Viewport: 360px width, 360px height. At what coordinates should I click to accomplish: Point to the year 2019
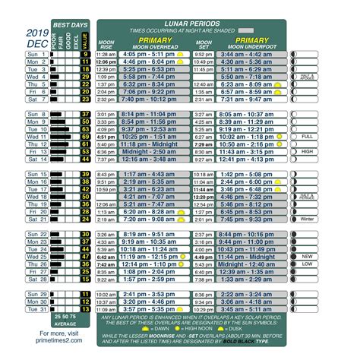click(x=36, y=33)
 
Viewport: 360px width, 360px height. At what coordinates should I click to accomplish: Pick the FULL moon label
click(x=307, y=136)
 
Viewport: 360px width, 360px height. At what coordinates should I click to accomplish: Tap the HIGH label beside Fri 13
click(x=307, y=152)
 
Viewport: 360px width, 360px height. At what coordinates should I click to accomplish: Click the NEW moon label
click(x=307, y=256)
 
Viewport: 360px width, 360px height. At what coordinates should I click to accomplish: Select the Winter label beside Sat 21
click(x=307, y=219)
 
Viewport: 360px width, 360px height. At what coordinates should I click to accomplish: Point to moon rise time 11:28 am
click(x=106, y=55)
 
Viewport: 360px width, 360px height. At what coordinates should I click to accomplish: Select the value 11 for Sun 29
click(x=85, y=293)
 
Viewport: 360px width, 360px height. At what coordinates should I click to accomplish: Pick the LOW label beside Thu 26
click(x=307, y=264)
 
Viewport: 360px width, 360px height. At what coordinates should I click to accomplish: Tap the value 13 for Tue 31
click(x=85, y=308)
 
